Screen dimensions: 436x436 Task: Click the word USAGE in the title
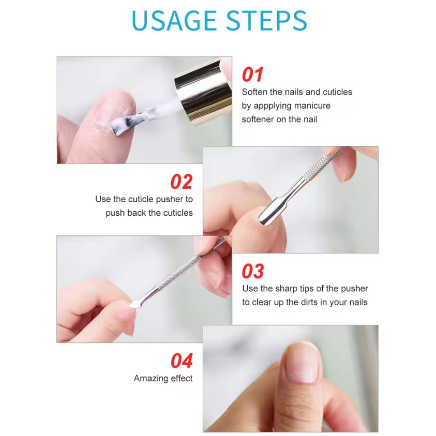[174, 20]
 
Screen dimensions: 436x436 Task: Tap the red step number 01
[252, 75]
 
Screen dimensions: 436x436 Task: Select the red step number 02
[181, 182]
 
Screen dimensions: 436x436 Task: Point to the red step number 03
[252, 272]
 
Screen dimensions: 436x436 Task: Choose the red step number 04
[181, 361]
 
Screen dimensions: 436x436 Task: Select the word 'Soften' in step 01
[254, 92]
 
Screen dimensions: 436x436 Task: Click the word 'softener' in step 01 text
[257, 119]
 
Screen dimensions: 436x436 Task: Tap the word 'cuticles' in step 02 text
[177, 213]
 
